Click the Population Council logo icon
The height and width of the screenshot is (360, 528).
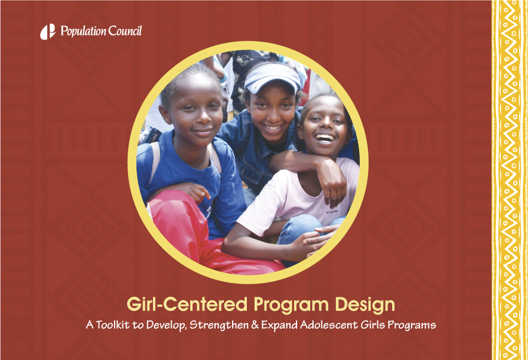48,32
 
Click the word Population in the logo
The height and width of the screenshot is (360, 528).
83,31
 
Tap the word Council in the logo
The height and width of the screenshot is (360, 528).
125,31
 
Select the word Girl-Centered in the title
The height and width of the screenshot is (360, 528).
187,304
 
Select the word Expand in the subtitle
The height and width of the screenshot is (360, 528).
279,325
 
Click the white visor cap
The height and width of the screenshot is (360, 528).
272,78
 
